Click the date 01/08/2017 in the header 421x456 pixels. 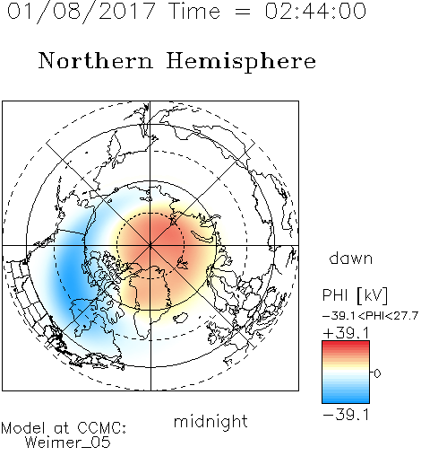[81, 12]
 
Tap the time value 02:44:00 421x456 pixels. [315, 11]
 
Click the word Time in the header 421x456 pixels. [194, 11]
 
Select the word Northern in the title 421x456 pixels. [96, 60]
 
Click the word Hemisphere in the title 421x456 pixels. [241, 62]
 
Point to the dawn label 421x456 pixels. [351, 258]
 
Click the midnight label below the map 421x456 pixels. [210, 421]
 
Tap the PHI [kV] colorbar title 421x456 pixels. [355, 295]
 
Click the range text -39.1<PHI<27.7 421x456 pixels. [370, 316]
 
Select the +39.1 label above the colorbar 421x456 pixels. [346, 333]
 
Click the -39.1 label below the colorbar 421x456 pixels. [346, 415]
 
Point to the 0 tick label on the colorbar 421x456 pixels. [377, 373]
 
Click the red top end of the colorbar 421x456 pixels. [346, 343]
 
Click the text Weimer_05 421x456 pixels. [67, 443]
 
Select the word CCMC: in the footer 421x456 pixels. [101, 428]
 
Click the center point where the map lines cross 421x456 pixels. [150, 245]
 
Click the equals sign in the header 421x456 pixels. [243, 12]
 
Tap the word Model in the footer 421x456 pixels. [23, 428]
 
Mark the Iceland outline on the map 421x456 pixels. [180, 318]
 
